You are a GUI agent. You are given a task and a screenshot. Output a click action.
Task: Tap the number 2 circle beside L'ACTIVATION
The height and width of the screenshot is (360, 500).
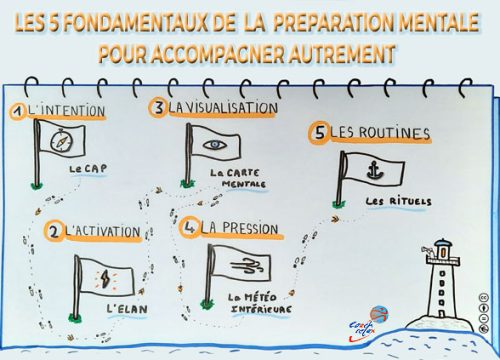click(x=53, y=232)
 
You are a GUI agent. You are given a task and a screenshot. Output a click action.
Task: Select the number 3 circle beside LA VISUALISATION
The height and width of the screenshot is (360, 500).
click(x=158, y=107)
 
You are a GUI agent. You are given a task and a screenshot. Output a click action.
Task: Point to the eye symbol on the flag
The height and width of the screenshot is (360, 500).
click(x=213, y=143)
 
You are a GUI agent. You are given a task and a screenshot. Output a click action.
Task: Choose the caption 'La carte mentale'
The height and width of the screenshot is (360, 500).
click(x=234, y=178)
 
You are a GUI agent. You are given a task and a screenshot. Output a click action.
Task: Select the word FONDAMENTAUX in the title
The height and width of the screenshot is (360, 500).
click(x=126, y=21)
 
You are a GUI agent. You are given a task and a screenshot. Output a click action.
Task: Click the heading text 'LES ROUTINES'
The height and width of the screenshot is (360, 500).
click(x=371, y=132)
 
